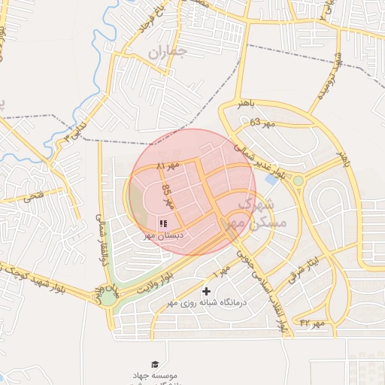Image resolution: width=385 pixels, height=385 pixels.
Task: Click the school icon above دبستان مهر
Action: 163,223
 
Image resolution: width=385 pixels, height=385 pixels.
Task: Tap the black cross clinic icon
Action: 207,291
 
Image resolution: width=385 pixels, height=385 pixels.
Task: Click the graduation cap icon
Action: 155,364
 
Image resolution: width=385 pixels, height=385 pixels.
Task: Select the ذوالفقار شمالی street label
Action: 99,226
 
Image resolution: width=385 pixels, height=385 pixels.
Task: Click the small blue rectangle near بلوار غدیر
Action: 271,180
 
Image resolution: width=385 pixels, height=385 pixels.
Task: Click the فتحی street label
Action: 35,197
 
